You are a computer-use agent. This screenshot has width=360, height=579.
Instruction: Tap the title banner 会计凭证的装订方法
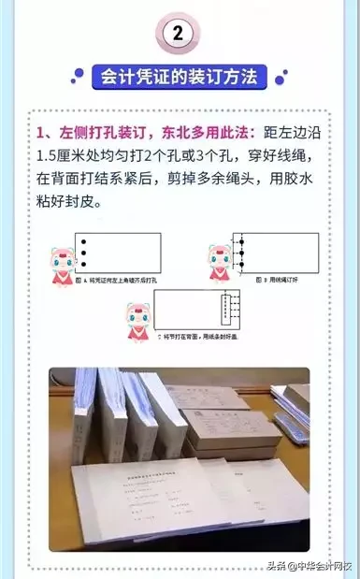180,76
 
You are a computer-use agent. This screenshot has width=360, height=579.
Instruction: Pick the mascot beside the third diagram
138,318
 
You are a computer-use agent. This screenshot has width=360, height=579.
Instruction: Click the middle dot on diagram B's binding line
241,253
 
